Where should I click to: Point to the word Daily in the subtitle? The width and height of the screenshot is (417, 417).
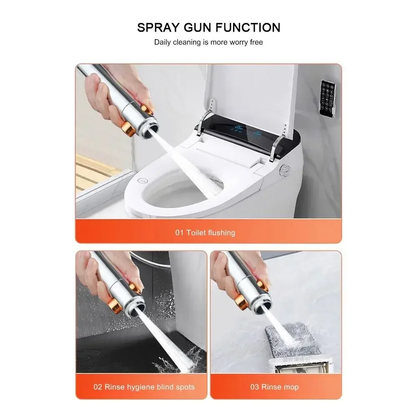coord(162,42)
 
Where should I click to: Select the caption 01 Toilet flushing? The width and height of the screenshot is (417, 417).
coord(205,233)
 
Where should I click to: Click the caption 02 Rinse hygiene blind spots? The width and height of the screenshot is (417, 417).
coord(144,387)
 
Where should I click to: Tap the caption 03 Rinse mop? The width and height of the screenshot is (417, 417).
coord(274,387)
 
